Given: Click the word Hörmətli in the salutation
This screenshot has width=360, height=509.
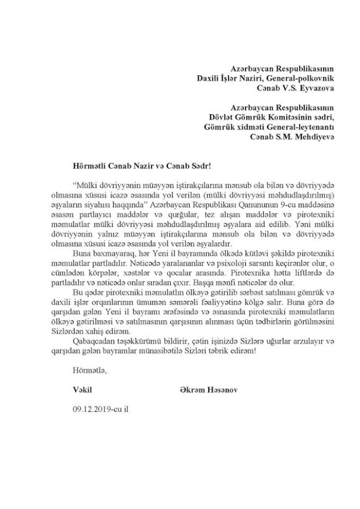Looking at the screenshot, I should pyautogui.click(x=88, y=163).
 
